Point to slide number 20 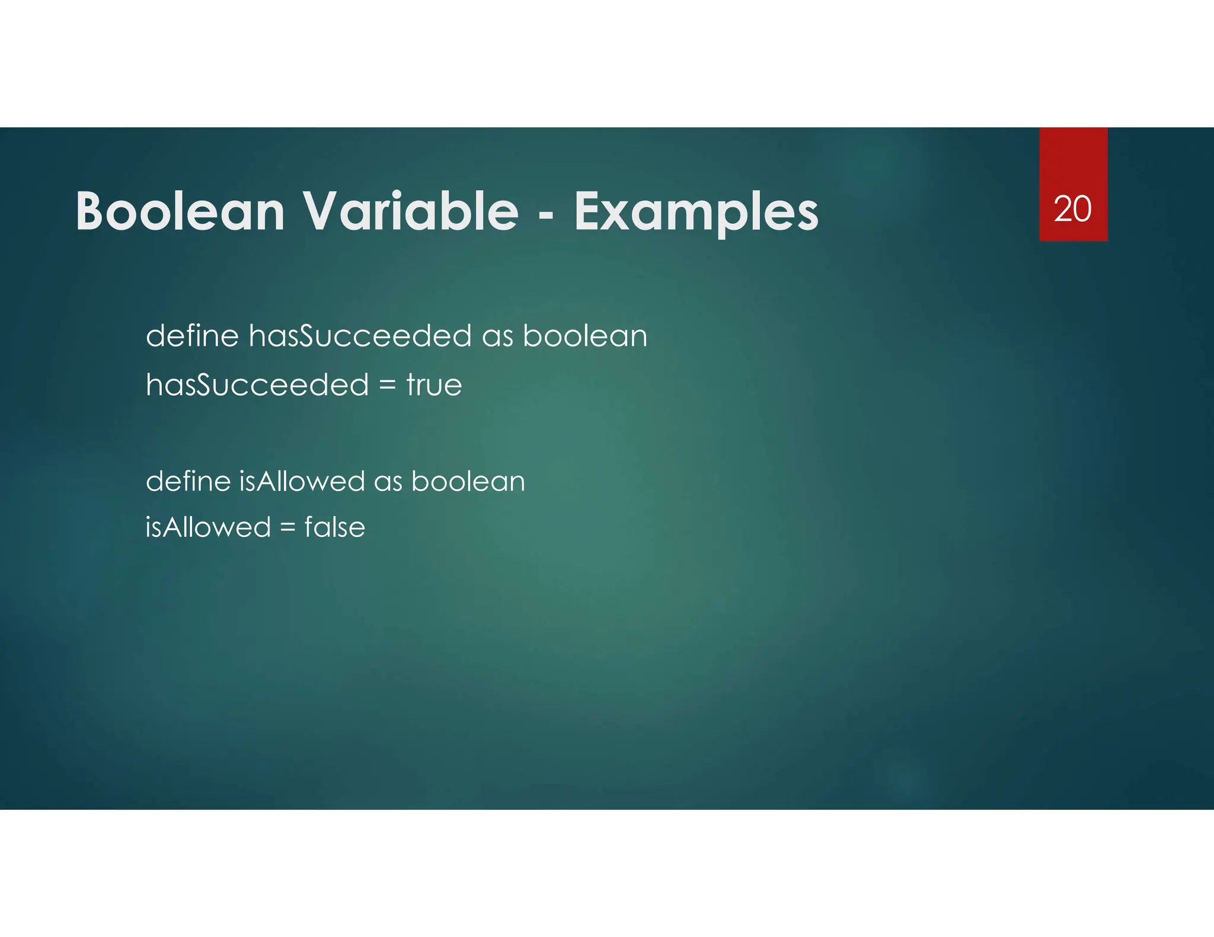pyautogui.click(x=1072, y=209)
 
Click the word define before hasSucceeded pyautogui.click(x=192, y=336)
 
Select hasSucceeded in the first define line pyautogui.click(x=360, y=336)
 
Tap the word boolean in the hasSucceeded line pyautogui.click(x=584, y=336)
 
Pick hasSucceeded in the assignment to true pyautogui.click(x=257, y=385)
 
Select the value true pyautogui.click(x=434, y=385)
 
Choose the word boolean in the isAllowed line pyautogui.click(x=468, y=481)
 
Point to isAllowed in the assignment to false pyautogui.click(x=208, y=527)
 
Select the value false pyautogui.click(x=334, y=527)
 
